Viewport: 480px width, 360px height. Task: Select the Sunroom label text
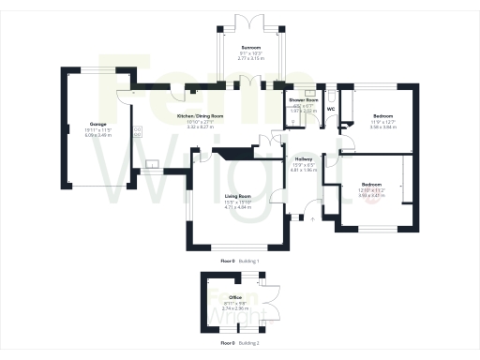[250, 47]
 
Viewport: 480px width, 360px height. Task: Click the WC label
[331, 109]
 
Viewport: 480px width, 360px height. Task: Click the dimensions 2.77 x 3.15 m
[250, 58]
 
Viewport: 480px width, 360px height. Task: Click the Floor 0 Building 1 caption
[240, 260]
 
